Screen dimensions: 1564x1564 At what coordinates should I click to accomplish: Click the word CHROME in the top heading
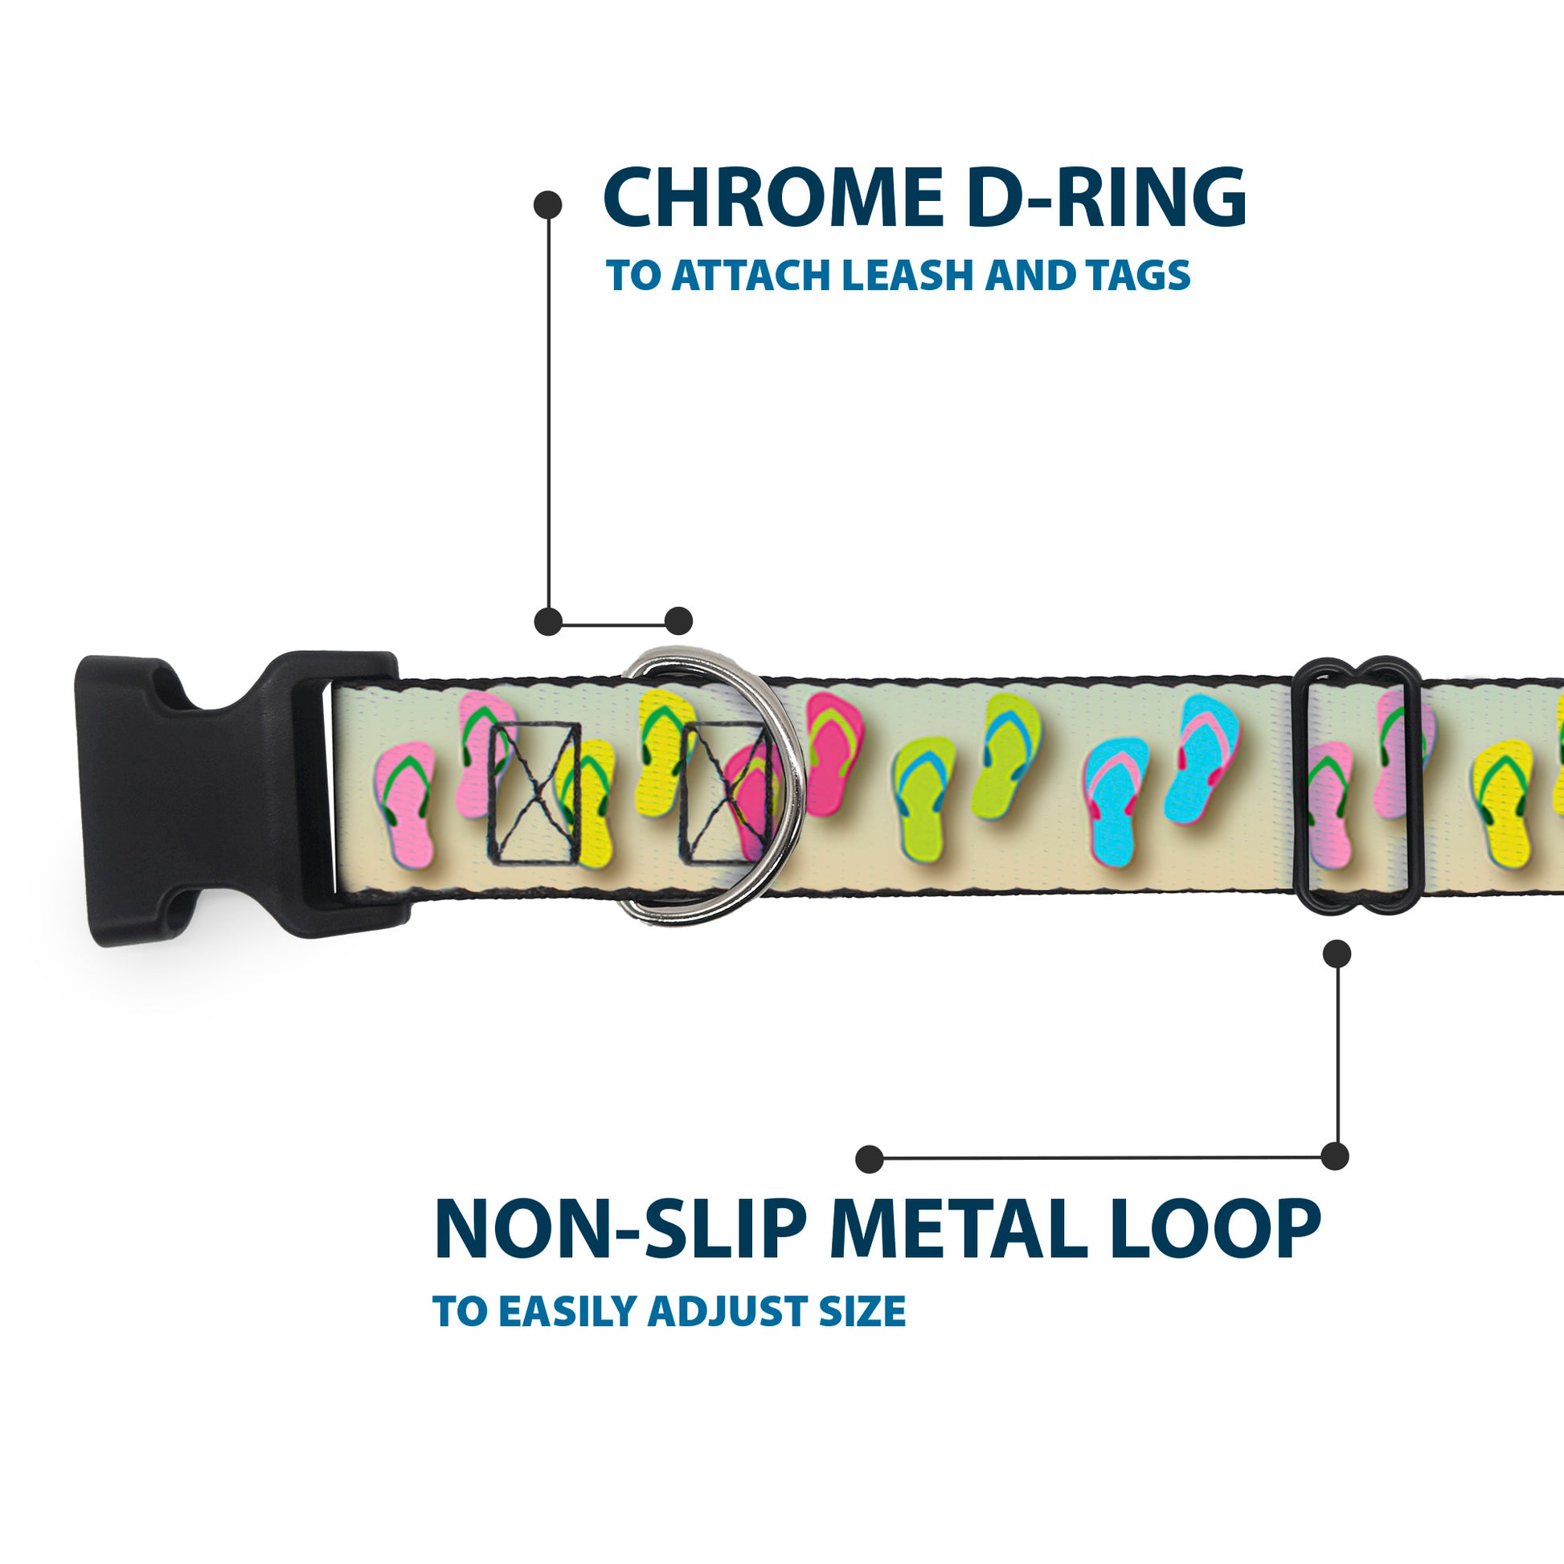[773, 199]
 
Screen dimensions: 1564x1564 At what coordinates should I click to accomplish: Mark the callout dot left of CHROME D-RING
[548, 205]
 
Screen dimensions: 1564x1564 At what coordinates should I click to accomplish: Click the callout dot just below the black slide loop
[1337, 954]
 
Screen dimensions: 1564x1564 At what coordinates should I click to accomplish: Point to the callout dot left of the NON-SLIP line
[870, 1158]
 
